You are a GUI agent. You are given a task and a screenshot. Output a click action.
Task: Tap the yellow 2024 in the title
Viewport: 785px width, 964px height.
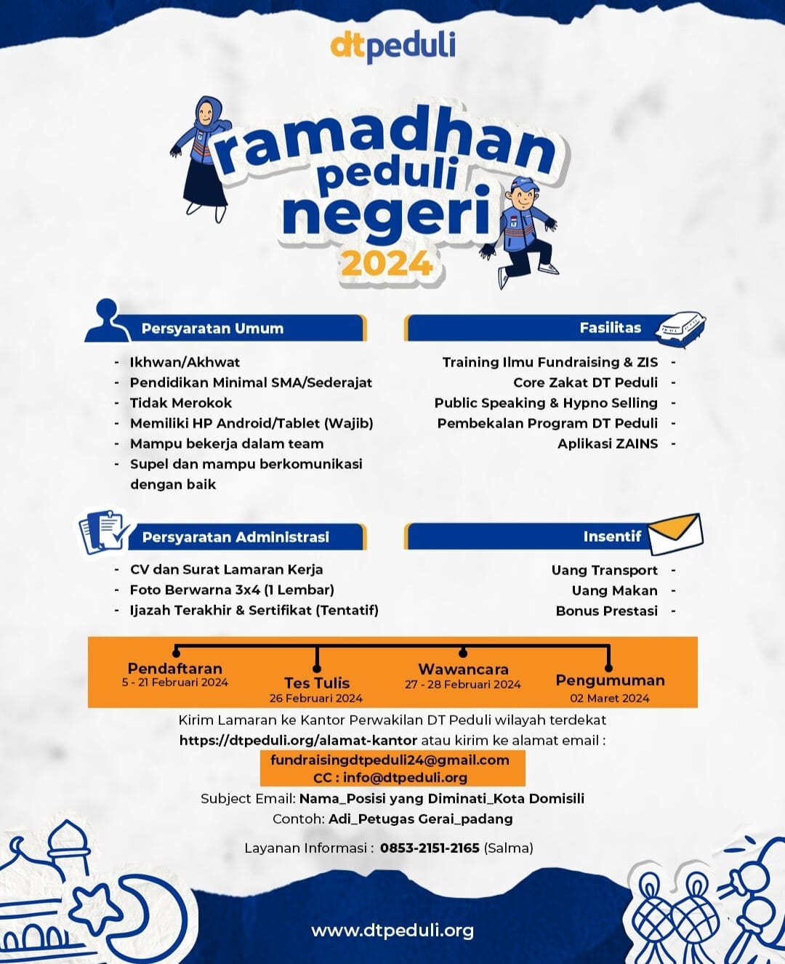[387, 265]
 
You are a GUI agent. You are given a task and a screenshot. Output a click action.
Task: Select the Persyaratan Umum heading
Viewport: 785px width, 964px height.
[212, 329]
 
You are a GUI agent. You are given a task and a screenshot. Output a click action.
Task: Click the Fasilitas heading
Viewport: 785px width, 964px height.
[610, 328]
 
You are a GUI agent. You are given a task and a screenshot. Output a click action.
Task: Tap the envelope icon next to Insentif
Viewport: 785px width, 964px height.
[675, 534]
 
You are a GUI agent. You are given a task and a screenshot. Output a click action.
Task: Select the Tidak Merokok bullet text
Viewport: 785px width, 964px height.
[181, 403]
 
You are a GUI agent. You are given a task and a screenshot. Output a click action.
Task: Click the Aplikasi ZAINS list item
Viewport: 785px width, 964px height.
[608, 443]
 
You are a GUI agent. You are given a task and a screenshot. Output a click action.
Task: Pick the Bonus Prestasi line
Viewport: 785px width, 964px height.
[606, 611]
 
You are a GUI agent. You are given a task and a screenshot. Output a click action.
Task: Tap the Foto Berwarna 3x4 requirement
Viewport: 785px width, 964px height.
[232, 590]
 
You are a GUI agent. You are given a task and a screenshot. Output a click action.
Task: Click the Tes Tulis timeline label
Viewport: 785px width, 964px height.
[317, 683]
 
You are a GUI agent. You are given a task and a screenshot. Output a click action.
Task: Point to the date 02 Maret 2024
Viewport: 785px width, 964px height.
[609, 698]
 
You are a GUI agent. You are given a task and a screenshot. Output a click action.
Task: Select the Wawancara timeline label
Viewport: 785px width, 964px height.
[463, 669]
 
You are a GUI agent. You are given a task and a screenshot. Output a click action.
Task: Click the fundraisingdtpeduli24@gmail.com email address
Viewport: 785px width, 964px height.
[390, 760]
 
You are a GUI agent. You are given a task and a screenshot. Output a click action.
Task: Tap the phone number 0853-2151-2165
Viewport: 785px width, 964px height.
[430, 848]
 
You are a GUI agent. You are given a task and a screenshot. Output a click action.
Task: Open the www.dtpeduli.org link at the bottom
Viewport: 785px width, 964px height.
[392, 931]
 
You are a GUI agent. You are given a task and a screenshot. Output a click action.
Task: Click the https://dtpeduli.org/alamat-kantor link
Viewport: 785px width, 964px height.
[298, 740]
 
